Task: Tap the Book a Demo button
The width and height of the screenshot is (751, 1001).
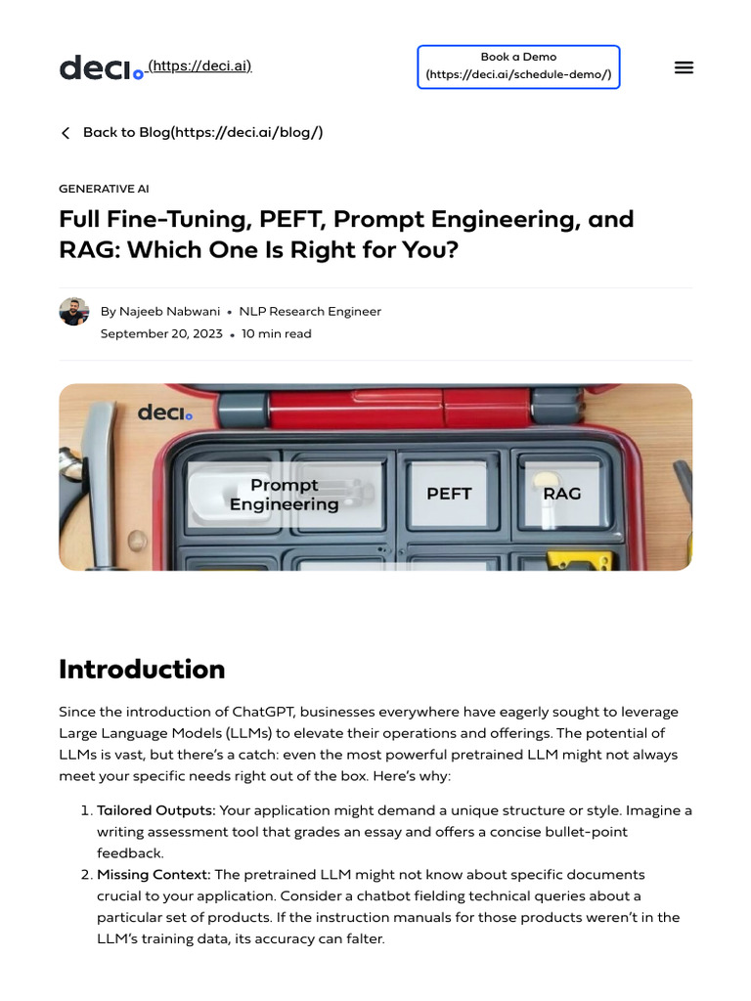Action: [x=518, y=66]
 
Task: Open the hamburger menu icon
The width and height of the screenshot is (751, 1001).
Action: [x=684, y=67]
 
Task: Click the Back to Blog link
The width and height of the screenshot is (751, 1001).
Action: [x=192, y=132]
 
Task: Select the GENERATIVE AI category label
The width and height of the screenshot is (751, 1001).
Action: [x=104, y=189]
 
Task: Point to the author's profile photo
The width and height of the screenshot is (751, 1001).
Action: [x=74, y=312]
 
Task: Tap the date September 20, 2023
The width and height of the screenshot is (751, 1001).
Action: [x=161, y=333]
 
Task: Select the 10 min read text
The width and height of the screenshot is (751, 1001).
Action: [x=277, y=333]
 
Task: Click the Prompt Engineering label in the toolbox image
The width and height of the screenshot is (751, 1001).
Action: [x=284, y=495]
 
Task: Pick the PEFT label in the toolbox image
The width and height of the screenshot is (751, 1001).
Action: [x=449, y=494]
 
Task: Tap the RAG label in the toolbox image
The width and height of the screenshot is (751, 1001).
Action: [x=561, y=494]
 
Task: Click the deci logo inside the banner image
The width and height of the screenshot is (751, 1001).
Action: [x=164, y=413]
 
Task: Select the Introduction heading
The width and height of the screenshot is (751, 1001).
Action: [x=142, y=669]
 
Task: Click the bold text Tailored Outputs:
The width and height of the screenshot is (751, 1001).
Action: [x=155, y=810]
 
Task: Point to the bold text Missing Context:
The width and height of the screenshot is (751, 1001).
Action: [x=154, y=874]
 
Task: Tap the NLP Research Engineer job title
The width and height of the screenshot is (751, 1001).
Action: [x=310, y=311]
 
